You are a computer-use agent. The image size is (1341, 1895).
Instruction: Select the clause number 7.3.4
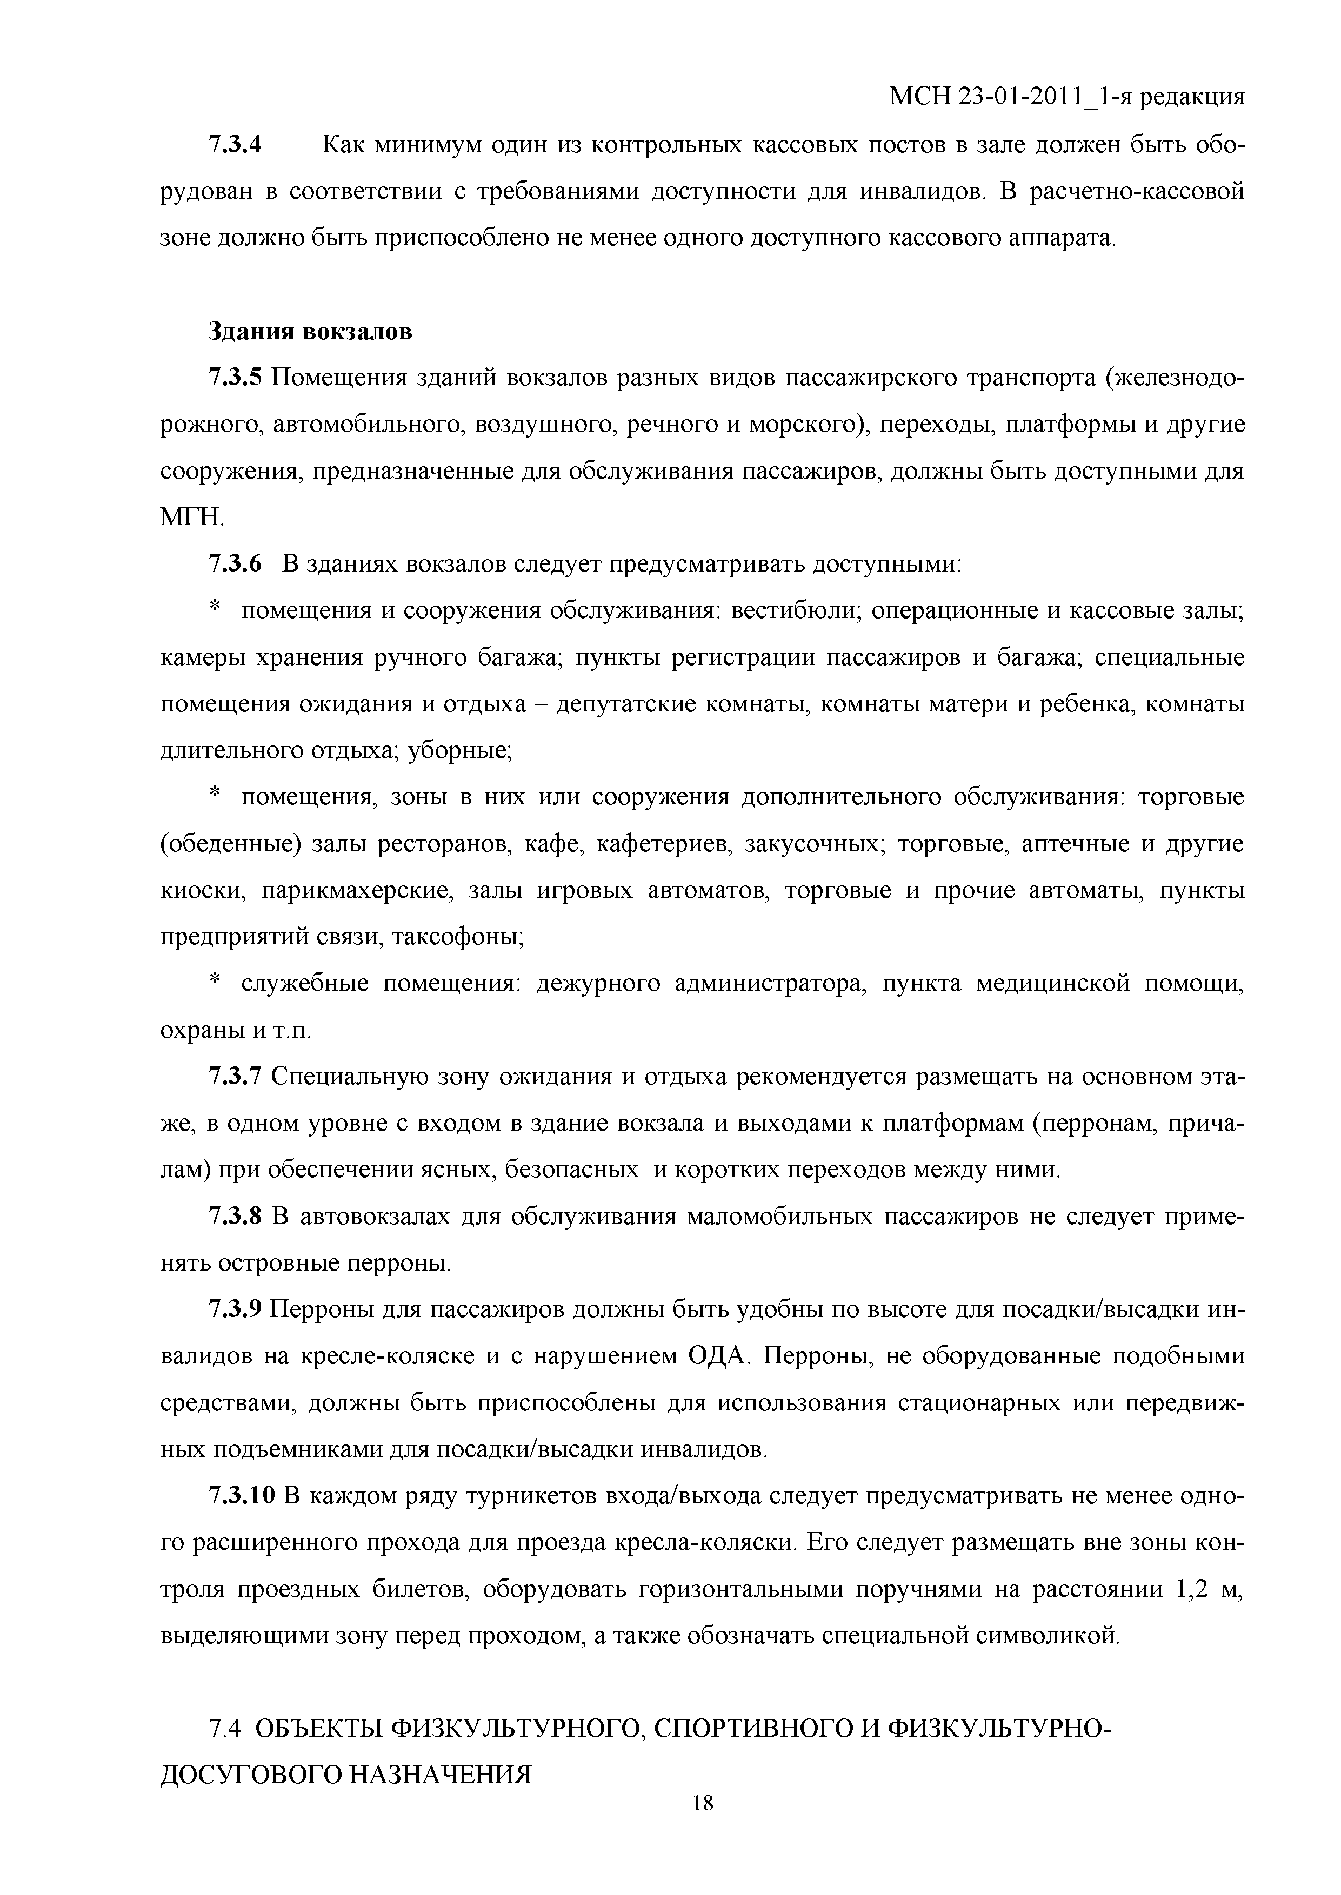click(235, 145)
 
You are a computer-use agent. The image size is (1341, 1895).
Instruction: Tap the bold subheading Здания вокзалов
click(310, 332)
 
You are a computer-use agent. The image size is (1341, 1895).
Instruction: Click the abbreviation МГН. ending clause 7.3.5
click(191, 519)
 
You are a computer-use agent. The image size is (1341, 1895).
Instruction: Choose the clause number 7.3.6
click(235, 565)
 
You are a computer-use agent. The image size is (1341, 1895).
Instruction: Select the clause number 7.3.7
click(235, 1078)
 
